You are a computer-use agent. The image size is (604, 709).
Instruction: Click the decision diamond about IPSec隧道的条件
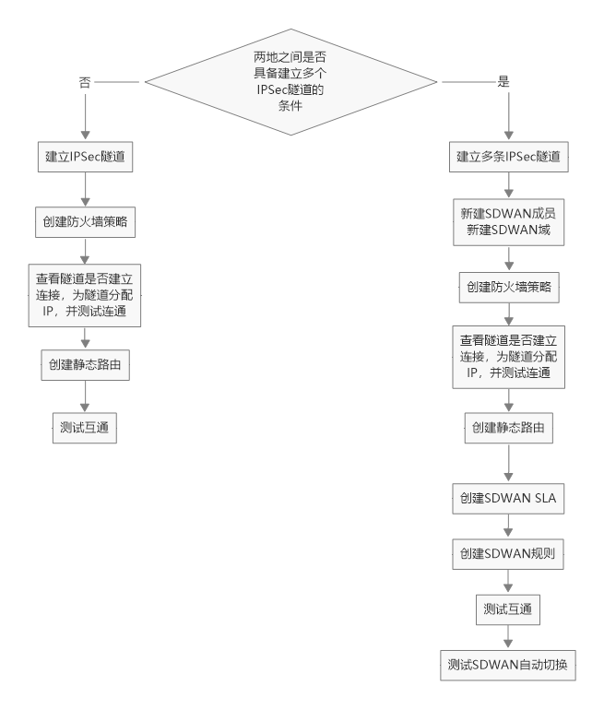point(289,82)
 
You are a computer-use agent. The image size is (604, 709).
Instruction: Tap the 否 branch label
point(86,82)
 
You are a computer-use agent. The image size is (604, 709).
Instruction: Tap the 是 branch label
point(503,82)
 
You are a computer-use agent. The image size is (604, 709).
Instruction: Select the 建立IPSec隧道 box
point(85,158)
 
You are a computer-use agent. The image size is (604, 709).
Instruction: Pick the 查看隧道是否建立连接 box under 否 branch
point(85,294)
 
